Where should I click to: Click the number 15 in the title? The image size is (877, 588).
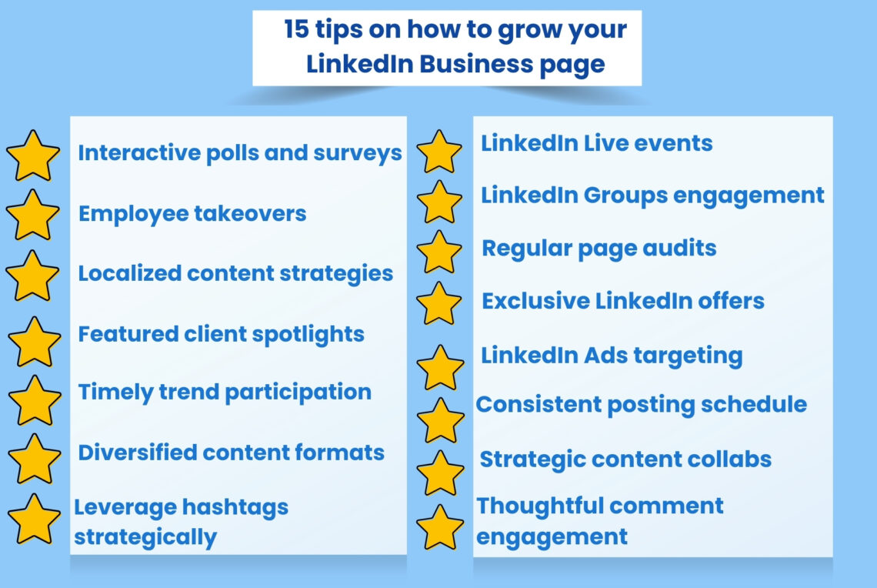[296, 30]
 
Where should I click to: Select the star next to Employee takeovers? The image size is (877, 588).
[32, 215]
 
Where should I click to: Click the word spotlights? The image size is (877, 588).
[311, 335]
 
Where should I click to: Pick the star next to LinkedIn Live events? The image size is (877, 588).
[439, 152]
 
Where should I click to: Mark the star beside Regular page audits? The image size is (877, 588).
[439, 252]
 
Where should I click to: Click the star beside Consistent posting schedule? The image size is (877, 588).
[440, 420]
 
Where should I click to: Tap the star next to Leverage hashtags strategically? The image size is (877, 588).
[34, 519]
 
